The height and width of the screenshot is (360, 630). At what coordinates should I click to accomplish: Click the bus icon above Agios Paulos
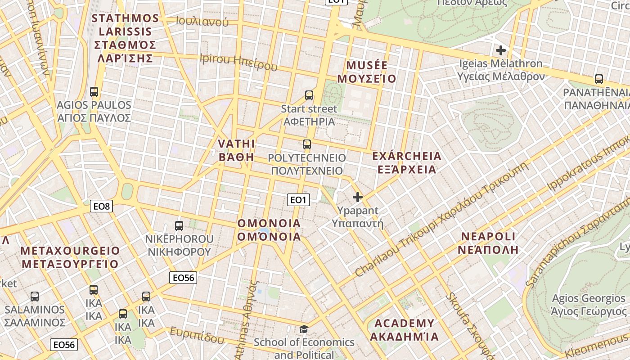[x=94, y=92]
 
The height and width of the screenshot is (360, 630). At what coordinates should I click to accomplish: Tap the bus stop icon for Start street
[x=309, y=95]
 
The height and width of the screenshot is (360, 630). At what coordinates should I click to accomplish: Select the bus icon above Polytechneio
[x=307, y=144]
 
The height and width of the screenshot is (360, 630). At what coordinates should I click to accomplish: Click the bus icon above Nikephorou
[x=179, y=226]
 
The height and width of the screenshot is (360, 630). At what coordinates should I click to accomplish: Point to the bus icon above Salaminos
[x=35, y=297]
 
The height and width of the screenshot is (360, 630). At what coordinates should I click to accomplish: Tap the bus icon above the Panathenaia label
[x=599, y=79]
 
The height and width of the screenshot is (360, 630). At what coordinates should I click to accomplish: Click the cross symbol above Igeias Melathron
[x=500, y=50]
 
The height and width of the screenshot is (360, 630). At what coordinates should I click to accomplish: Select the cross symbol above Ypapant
[x=358, y=197]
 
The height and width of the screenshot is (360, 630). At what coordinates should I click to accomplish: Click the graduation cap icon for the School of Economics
[x=304, y=329]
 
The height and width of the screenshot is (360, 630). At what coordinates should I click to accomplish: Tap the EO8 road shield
[x=101, y=207]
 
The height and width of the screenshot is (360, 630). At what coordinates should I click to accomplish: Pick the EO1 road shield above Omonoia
[x=299, y=200]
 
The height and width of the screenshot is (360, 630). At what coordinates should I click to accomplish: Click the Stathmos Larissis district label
[x=126, y=38]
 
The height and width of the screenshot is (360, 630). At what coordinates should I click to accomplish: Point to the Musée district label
[x=367, y=72]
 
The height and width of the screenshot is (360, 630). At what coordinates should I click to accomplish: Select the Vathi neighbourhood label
[x=236, y=150]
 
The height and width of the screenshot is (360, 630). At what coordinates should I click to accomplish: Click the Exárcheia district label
[x=407, y=163]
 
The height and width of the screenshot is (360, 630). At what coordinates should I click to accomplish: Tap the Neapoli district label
[x=488, y=243]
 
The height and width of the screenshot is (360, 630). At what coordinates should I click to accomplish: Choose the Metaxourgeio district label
[x=71, y=257]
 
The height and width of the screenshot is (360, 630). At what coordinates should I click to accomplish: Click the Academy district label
[x=404, y=330]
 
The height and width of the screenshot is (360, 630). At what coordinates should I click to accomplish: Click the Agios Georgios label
[x=589, y=305]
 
